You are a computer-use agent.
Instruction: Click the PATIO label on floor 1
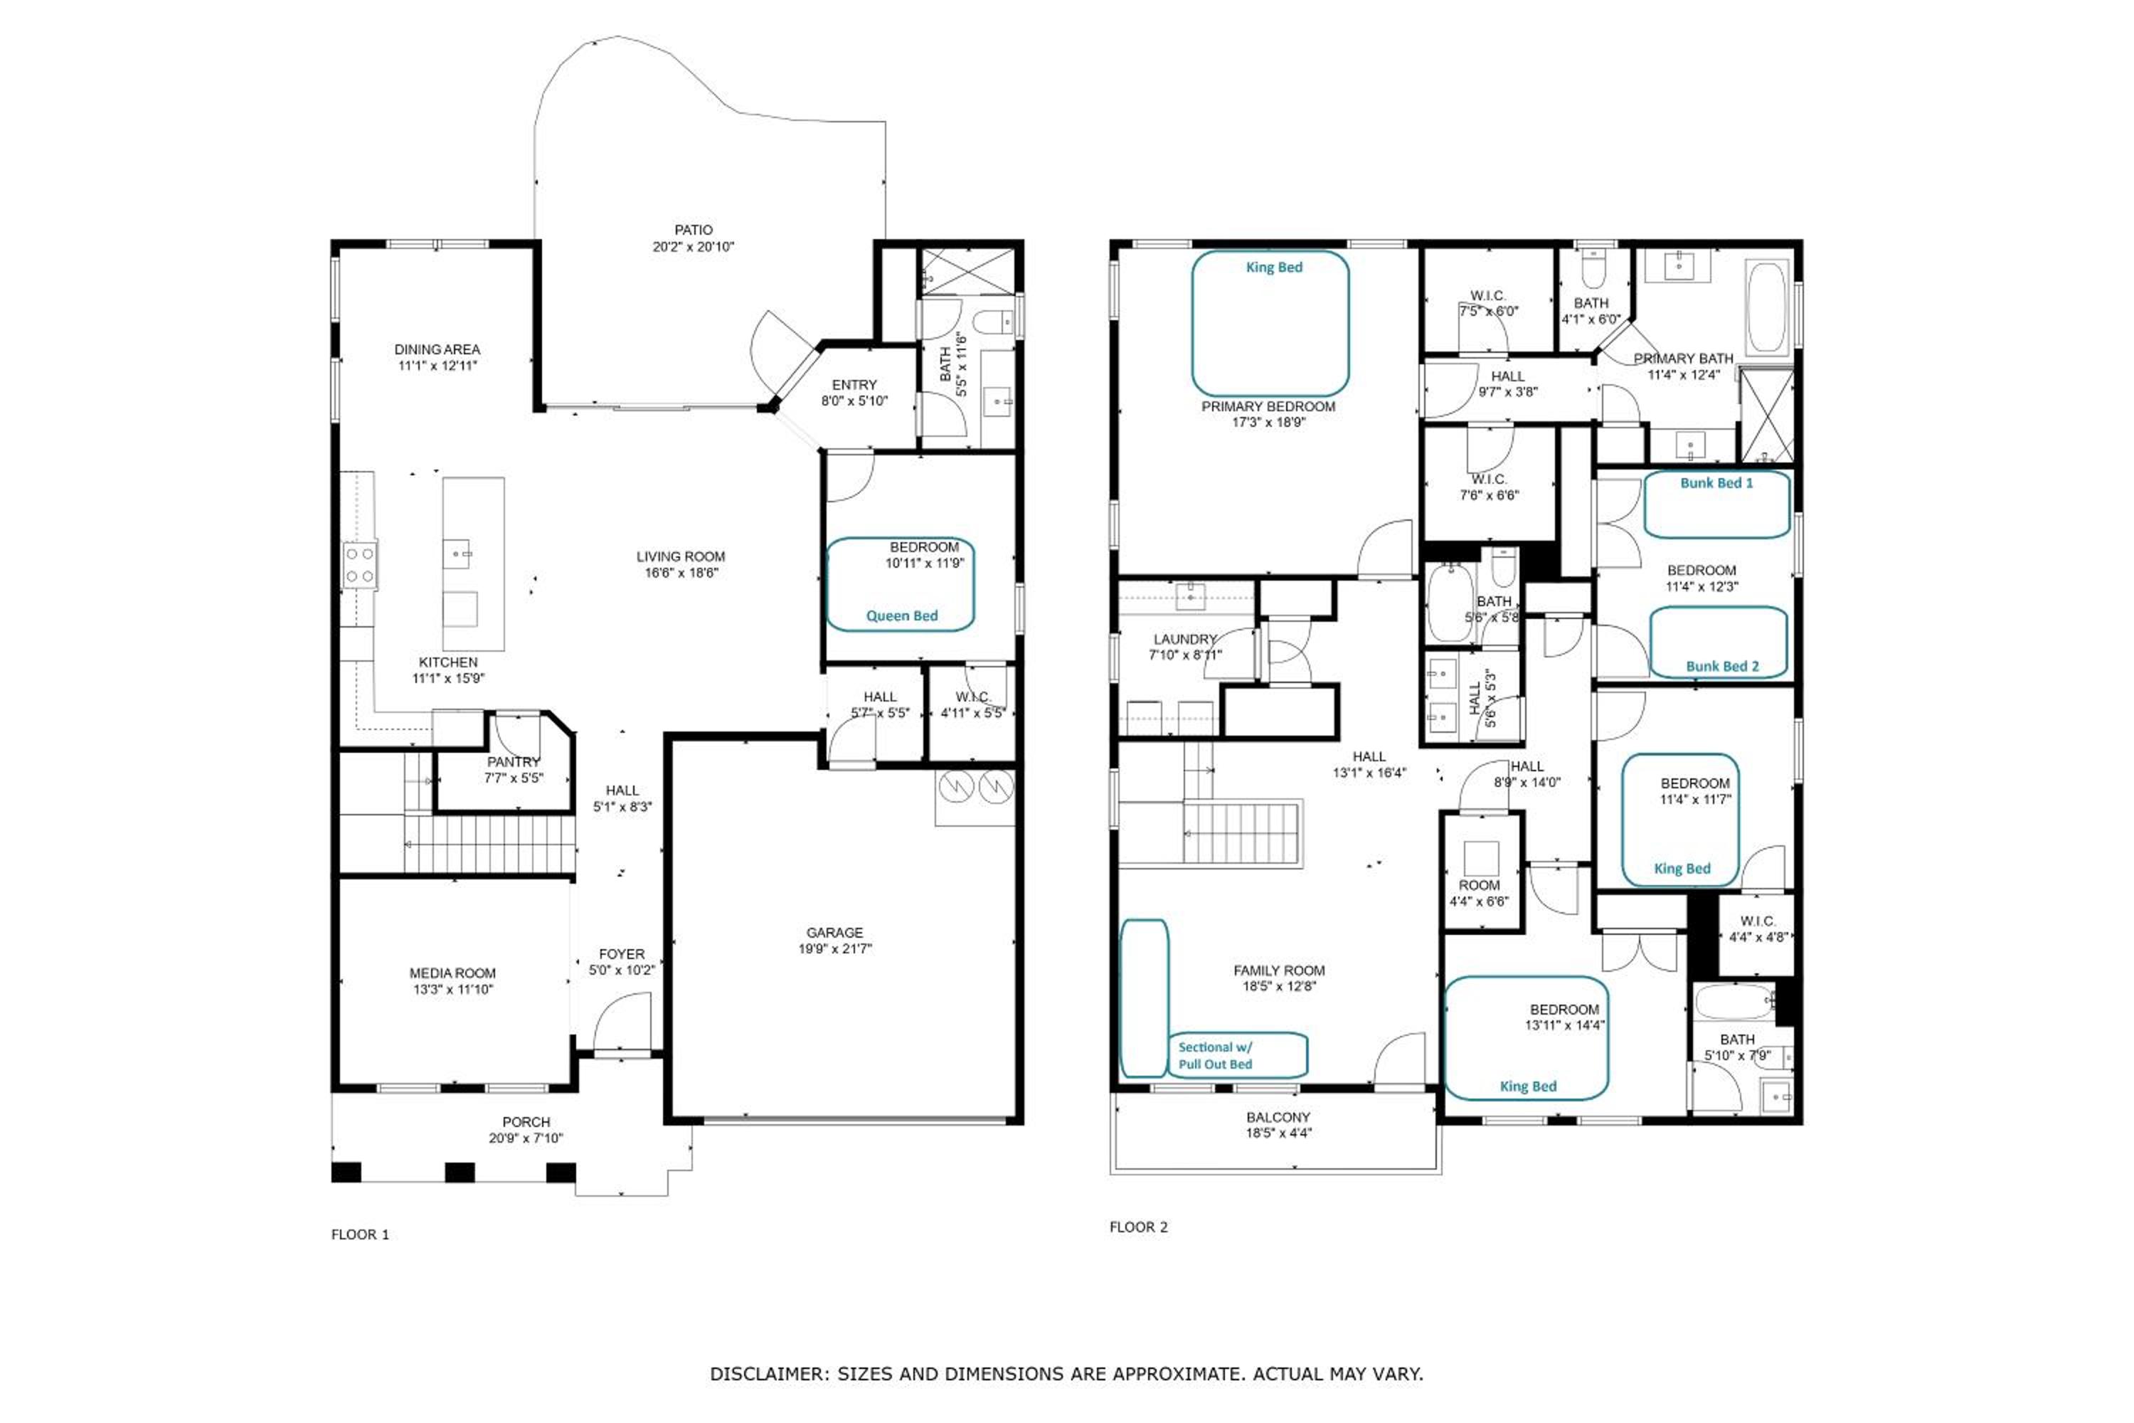(693, 231)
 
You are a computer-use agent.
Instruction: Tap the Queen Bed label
(902, 615)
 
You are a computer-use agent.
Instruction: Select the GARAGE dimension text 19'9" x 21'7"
(834, 949)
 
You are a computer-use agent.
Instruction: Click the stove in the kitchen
(359, 564)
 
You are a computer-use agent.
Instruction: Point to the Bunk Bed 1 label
(1716, 483)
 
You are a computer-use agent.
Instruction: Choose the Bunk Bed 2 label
(1722, 666)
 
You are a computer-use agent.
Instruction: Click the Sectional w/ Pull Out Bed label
(1215, 1055)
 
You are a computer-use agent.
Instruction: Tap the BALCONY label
(1278, 1117)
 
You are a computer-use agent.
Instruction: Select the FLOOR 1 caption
(360, 1234)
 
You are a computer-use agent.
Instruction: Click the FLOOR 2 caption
(1139, 1227)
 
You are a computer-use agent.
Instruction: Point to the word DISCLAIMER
(770, 1374)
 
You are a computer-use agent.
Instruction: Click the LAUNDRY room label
(1185, 639)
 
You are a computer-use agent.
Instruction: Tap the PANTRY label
(514, 762)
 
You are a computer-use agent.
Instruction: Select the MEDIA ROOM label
(452, 973)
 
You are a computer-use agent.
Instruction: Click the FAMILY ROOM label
(1279, 970)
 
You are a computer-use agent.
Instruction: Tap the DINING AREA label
(437, 349)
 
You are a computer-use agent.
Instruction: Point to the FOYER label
(622, 954)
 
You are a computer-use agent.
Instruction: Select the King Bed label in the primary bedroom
(1274, 267)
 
